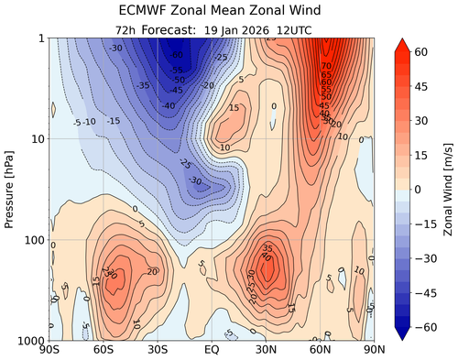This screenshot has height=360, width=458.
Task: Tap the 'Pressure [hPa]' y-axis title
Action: (x=10, y=189)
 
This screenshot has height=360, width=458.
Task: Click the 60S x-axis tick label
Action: (x=104, y=349)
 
